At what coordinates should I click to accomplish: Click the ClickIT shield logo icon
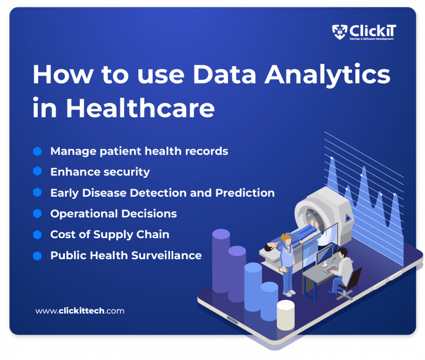pos(339,32)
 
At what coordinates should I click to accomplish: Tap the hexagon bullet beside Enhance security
pos(37,172)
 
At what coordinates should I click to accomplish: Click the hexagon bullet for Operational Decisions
pos(37,213)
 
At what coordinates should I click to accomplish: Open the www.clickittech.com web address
pos(80,311)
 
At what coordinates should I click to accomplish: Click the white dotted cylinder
pos(286,315)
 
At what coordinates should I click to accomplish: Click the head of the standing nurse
pos(286,239)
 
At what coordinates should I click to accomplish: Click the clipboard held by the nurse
pos(283,269)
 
